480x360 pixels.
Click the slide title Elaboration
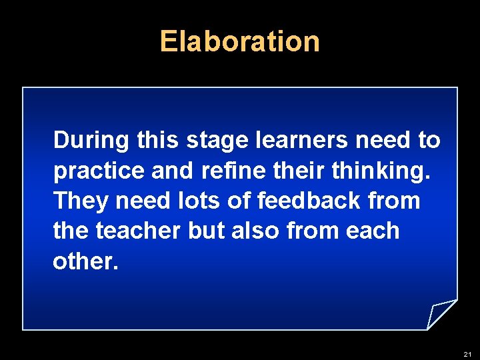(240, 41)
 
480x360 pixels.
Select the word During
(91, 141)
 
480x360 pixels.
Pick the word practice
(99, 171)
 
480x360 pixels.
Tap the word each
(374, 231)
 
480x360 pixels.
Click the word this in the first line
(157, 141)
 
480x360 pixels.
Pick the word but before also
(207, 231)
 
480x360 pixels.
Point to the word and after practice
(173, 171)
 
